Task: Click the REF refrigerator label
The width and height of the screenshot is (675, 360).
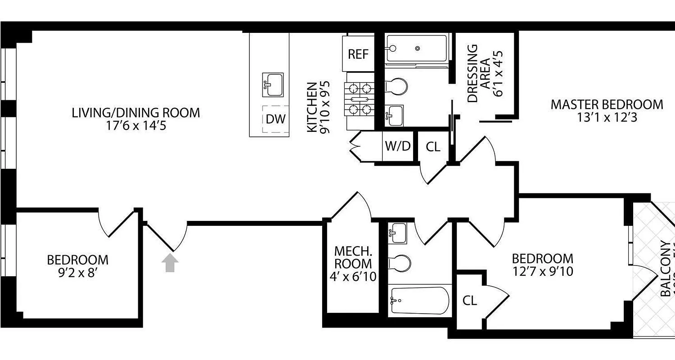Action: click(x=358, y=54)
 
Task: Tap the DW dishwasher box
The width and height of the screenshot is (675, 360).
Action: click(x=275, y=119)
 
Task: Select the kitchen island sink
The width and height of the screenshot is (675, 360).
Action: click(x=273, y=85)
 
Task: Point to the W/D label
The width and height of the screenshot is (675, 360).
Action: click(x=398, y=146)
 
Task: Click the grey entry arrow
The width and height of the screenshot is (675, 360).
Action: click(x=170, y=263)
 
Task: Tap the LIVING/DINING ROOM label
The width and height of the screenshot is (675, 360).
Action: click(x=136, y=112)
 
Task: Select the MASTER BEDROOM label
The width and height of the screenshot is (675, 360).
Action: click(x=607, y=105)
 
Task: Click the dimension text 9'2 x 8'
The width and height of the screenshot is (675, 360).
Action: click(x=78, y=273)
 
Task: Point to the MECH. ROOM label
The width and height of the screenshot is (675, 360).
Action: click(x=353, y=257)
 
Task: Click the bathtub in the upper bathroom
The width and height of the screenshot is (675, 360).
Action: click(x=417, y=49)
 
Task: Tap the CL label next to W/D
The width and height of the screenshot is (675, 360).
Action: click(x=433, y=147)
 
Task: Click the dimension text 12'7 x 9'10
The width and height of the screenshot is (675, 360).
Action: click(x=543, y=271)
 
